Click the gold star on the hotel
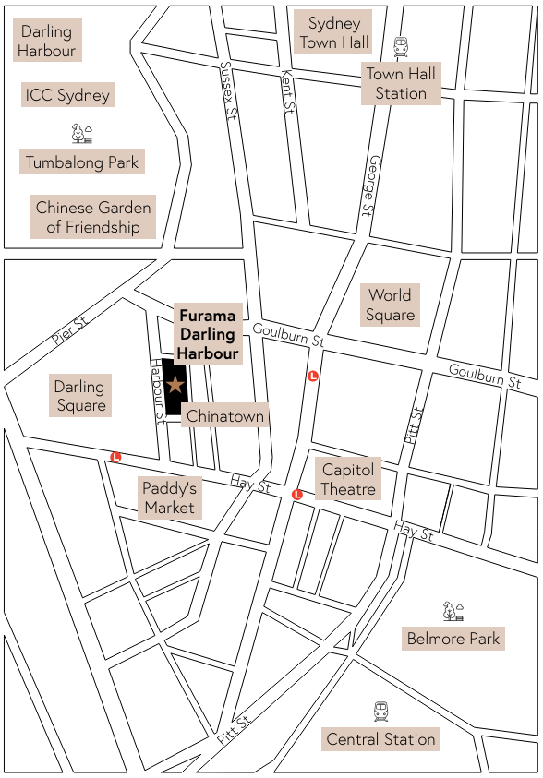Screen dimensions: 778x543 [175, 383]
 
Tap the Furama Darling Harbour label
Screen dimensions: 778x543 [208, 334]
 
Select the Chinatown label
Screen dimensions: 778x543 [225, 416]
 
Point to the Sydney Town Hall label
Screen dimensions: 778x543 [334, 32]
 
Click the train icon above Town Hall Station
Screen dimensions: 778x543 [401, 47]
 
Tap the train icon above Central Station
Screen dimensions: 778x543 [381, 712]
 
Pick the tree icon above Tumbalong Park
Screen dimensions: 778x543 [82, 134]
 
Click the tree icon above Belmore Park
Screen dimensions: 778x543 [452, 611]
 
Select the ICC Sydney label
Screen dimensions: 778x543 [67, 95]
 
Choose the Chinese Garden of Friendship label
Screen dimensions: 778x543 [92, 217]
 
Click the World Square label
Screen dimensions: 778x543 [390, 305]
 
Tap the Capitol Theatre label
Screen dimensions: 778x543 [348, 480]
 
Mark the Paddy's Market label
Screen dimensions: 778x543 [169, 497]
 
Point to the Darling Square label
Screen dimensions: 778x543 [80, 396]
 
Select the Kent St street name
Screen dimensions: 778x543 [288, 92]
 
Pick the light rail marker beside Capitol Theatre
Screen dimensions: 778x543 [297, 495]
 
